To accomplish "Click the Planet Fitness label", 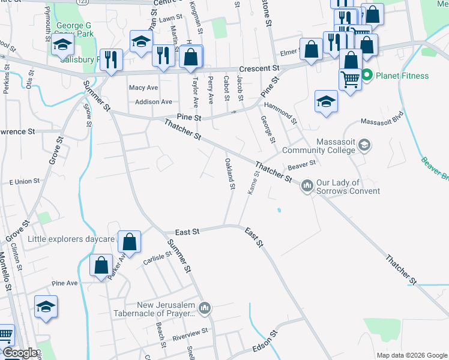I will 403,76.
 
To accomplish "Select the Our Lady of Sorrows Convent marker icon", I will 307,186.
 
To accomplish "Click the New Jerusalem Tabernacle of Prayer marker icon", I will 205,308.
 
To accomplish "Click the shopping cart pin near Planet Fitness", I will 350,79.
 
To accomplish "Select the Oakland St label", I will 229,173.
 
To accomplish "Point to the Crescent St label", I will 259,69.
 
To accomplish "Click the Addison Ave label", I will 154,102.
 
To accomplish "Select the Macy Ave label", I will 143,88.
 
